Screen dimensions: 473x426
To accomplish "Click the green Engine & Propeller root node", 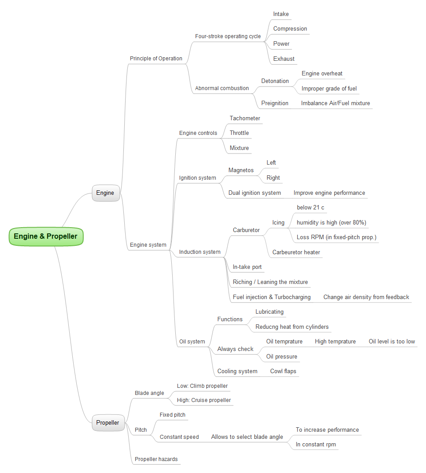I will [x=46, y=236].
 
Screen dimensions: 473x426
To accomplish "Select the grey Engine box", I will [x=106, y=193].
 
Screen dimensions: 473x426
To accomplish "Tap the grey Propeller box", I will [x=108, y=423].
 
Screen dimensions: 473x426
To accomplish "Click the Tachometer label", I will [x=245, y=118].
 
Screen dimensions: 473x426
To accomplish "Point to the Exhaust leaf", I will [x=284, y=59].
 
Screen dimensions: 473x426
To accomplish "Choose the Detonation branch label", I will [x=275, y=81].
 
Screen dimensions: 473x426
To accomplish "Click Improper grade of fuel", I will [x=329, y=89].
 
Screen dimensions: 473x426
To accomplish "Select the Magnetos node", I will [x=241, y=170].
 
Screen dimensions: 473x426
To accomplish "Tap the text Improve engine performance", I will [x=329, y=193].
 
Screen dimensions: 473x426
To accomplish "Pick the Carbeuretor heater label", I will [x=296, y=252].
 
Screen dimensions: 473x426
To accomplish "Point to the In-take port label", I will [x=247, y=267].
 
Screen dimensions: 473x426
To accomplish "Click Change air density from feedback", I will [x=366, y=297].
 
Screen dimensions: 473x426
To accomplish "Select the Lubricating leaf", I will [x=269, y=312].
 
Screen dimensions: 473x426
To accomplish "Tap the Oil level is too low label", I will [x=392, y=342].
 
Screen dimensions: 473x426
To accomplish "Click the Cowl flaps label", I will [x=283, y=371].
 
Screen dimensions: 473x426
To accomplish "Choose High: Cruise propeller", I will [x=204, y=400].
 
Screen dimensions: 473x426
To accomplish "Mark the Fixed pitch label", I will [x=173, y=415].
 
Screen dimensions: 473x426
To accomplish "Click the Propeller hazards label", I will [x=156, y=459].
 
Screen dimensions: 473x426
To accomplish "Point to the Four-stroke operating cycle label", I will [x=228, y=36].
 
